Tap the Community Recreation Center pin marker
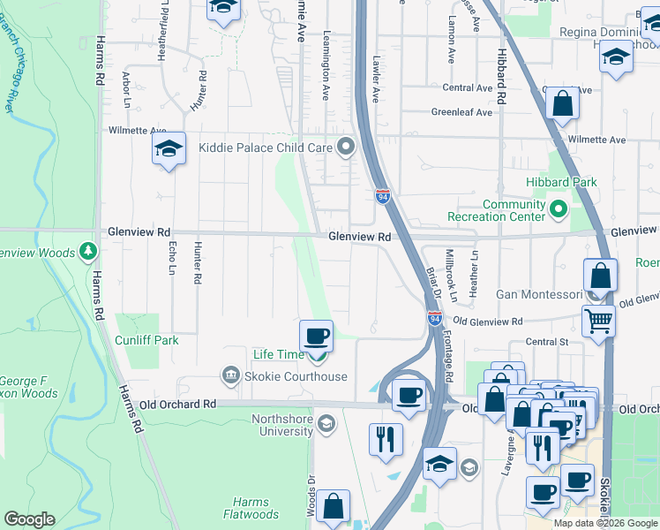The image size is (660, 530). click(559, 210)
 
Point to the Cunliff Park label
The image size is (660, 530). click(146, 340)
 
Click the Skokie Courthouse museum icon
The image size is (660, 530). click(232, 376)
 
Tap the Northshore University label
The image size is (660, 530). click(270, 425)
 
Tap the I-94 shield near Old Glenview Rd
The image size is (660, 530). click(434, 317)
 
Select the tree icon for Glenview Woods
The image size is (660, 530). click(87, 253)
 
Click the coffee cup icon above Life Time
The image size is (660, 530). click(317, 336)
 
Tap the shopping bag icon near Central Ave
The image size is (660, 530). click(561, 103)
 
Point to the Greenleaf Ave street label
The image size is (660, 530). click(461, 112)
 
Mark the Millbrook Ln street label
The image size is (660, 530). click(452, 275)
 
